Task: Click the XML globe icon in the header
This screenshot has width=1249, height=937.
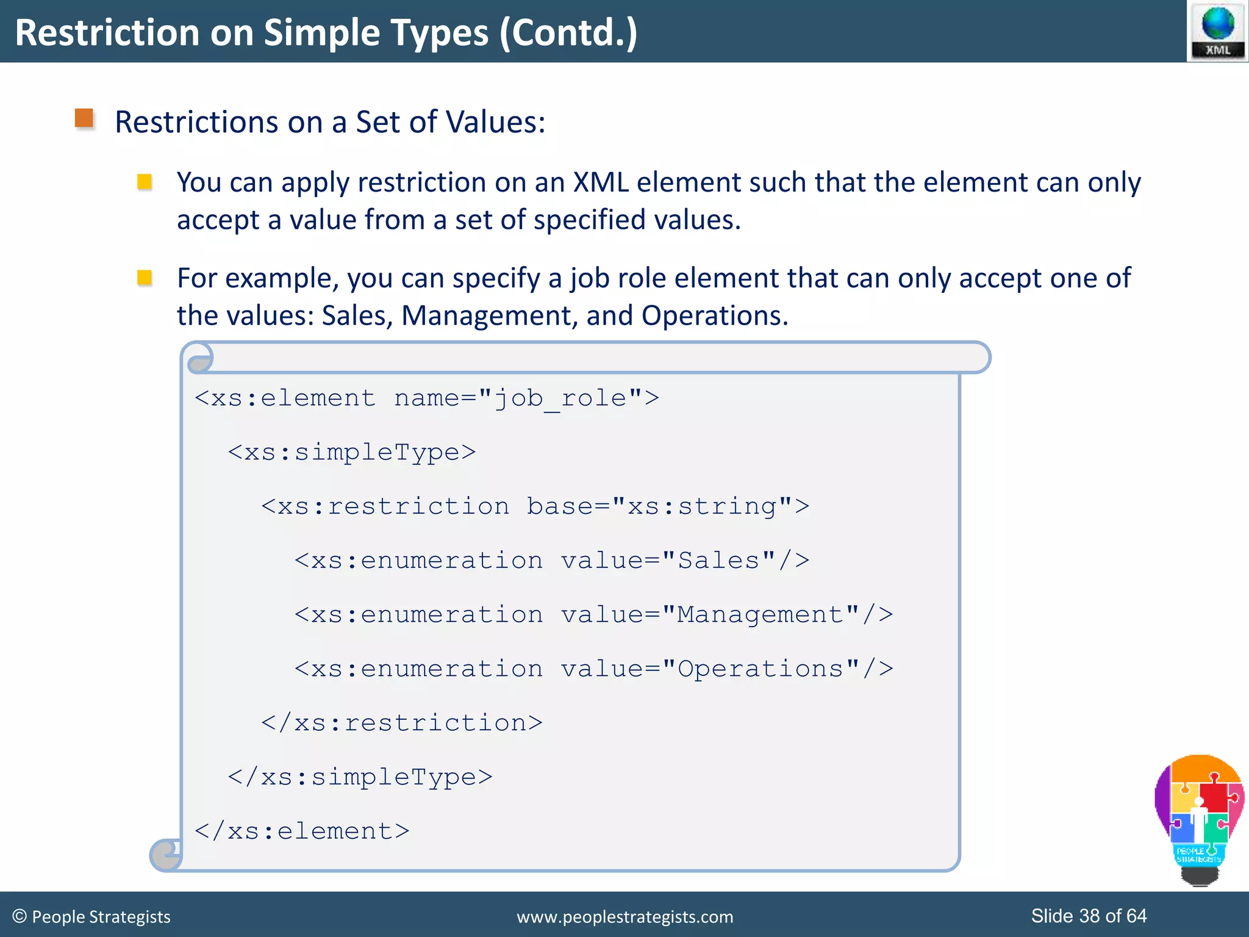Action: (x=1217, y=31)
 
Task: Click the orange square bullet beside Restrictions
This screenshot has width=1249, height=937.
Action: (x=84, y=118)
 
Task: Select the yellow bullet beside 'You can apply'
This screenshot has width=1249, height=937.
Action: (x=145, y=182)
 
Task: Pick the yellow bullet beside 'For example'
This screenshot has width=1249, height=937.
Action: (x=145, y=278)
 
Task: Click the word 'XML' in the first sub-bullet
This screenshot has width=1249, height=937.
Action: (x=601, y=182)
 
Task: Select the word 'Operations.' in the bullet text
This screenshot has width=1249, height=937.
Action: (x=715, y=316)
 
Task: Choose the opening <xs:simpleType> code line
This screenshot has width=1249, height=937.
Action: (x=351, y=453)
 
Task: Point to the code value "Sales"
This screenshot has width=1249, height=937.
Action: (x=718, y=561)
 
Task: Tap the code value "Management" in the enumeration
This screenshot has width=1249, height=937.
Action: (x=760, y=615)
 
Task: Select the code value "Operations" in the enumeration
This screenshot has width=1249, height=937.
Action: (x=760, y=669)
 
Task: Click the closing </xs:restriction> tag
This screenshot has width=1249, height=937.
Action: (x=401, y=723)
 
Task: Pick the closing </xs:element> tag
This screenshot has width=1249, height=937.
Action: (x=302, y=831)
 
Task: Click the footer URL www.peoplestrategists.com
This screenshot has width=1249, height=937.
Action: (x=624, y=917)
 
